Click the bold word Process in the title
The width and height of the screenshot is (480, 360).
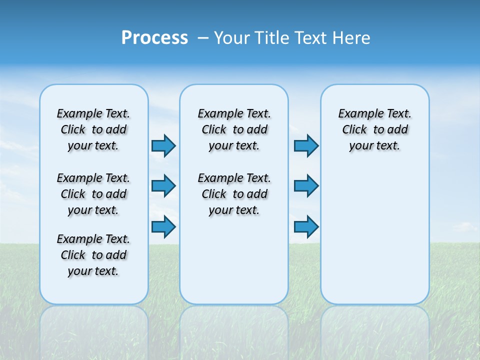pyautogui.click(x=154, y=37)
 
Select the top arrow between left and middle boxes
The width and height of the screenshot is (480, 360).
pyautogui.click(x=163, y=145)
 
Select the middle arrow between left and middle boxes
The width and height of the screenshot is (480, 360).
pyautogui.click(x=163, y=186)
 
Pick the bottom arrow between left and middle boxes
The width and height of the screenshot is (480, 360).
pyautogui.click(x=163, y=226)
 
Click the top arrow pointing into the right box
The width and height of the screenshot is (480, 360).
pyautogui.click(x=306, y=145)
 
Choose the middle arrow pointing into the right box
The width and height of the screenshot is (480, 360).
pyautogui.click(x=306, y=186)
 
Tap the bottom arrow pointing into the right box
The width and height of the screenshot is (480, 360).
pyautogui.click(x=306, y=226)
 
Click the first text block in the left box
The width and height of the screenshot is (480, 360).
pyautogui.click(x=93, y=129)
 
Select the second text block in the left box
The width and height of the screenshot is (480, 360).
pyautogui.click(x=93, y=194)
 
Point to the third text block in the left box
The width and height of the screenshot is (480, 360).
pyautogui.click(x=93, y=255)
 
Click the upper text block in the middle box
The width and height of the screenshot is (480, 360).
pyautogui.click(x=234, y=129)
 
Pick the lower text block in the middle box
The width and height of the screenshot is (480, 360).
pyautogui.click(x=234, y=194)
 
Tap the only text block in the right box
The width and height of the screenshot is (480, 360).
pyautogui.click(x=374, y=129)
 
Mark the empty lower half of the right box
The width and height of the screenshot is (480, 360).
pyautogui.click(x=374, y=235)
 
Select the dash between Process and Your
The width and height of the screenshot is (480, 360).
pyautogui.click(x=203, y=38)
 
